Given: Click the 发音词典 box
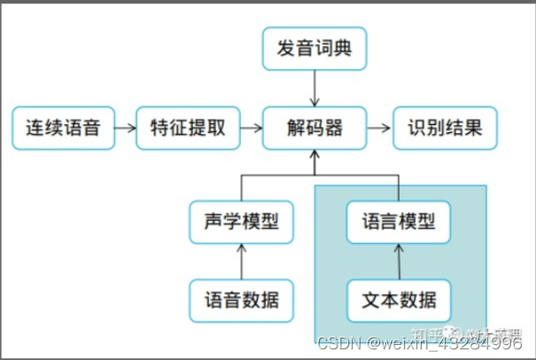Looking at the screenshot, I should [314, 49].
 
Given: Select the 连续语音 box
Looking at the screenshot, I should [64, 129].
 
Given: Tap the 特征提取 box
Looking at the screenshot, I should [188, 129].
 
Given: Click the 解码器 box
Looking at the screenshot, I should [314, 129].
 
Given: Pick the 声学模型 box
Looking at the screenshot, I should [241, 221].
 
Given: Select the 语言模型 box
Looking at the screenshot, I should [398, 221].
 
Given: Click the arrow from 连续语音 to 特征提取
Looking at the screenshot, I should [126, 129].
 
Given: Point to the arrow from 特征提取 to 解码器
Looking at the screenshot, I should [252, 129].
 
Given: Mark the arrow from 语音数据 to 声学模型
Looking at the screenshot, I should [241, 260].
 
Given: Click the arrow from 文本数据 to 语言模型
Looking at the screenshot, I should [398, 260].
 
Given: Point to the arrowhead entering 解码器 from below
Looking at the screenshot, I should [314, 157].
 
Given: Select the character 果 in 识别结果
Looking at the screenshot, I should [474, 129].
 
